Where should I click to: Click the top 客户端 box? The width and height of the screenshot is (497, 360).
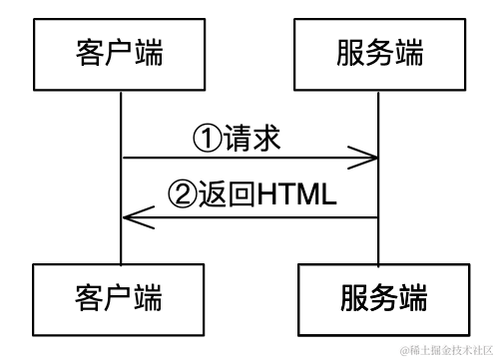tap(119, 52)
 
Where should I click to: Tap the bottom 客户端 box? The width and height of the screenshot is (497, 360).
tap(119, 296)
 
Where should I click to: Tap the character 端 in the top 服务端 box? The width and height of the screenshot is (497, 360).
tap(412, 52)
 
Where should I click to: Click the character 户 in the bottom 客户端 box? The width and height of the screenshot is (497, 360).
tap(119, 296)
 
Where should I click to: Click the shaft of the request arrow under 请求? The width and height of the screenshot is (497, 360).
tap(249, 157)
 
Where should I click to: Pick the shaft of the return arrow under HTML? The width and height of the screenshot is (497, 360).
tap(296, 216)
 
